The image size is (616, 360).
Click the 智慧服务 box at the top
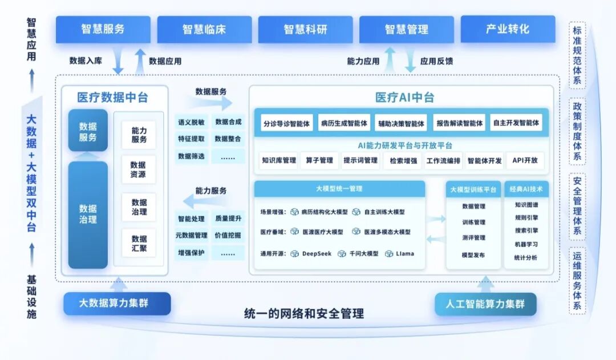click(x=103, y=29)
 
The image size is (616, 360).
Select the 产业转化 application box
click(x=508, y=29)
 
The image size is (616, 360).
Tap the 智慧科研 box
click(x=306, y=29)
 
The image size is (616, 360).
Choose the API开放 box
click(x=525, y=160)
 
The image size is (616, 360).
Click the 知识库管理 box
click(x=279, y=160)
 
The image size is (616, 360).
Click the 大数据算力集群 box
click(x=117, y=303)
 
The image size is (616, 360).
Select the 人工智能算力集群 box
click(x=485, y=304)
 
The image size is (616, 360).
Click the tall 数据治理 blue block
click(x=88, y=215)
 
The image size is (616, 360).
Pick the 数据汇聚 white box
click(x=139, y=243)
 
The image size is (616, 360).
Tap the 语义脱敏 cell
click(x=191, y=122)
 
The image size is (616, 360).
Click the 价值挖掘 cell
click(x=228, y=235)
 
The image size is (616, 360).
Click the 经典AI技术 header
click(x=526, y=189)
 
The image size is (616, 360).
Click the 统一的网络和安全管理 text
click(x=303, y=314)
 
